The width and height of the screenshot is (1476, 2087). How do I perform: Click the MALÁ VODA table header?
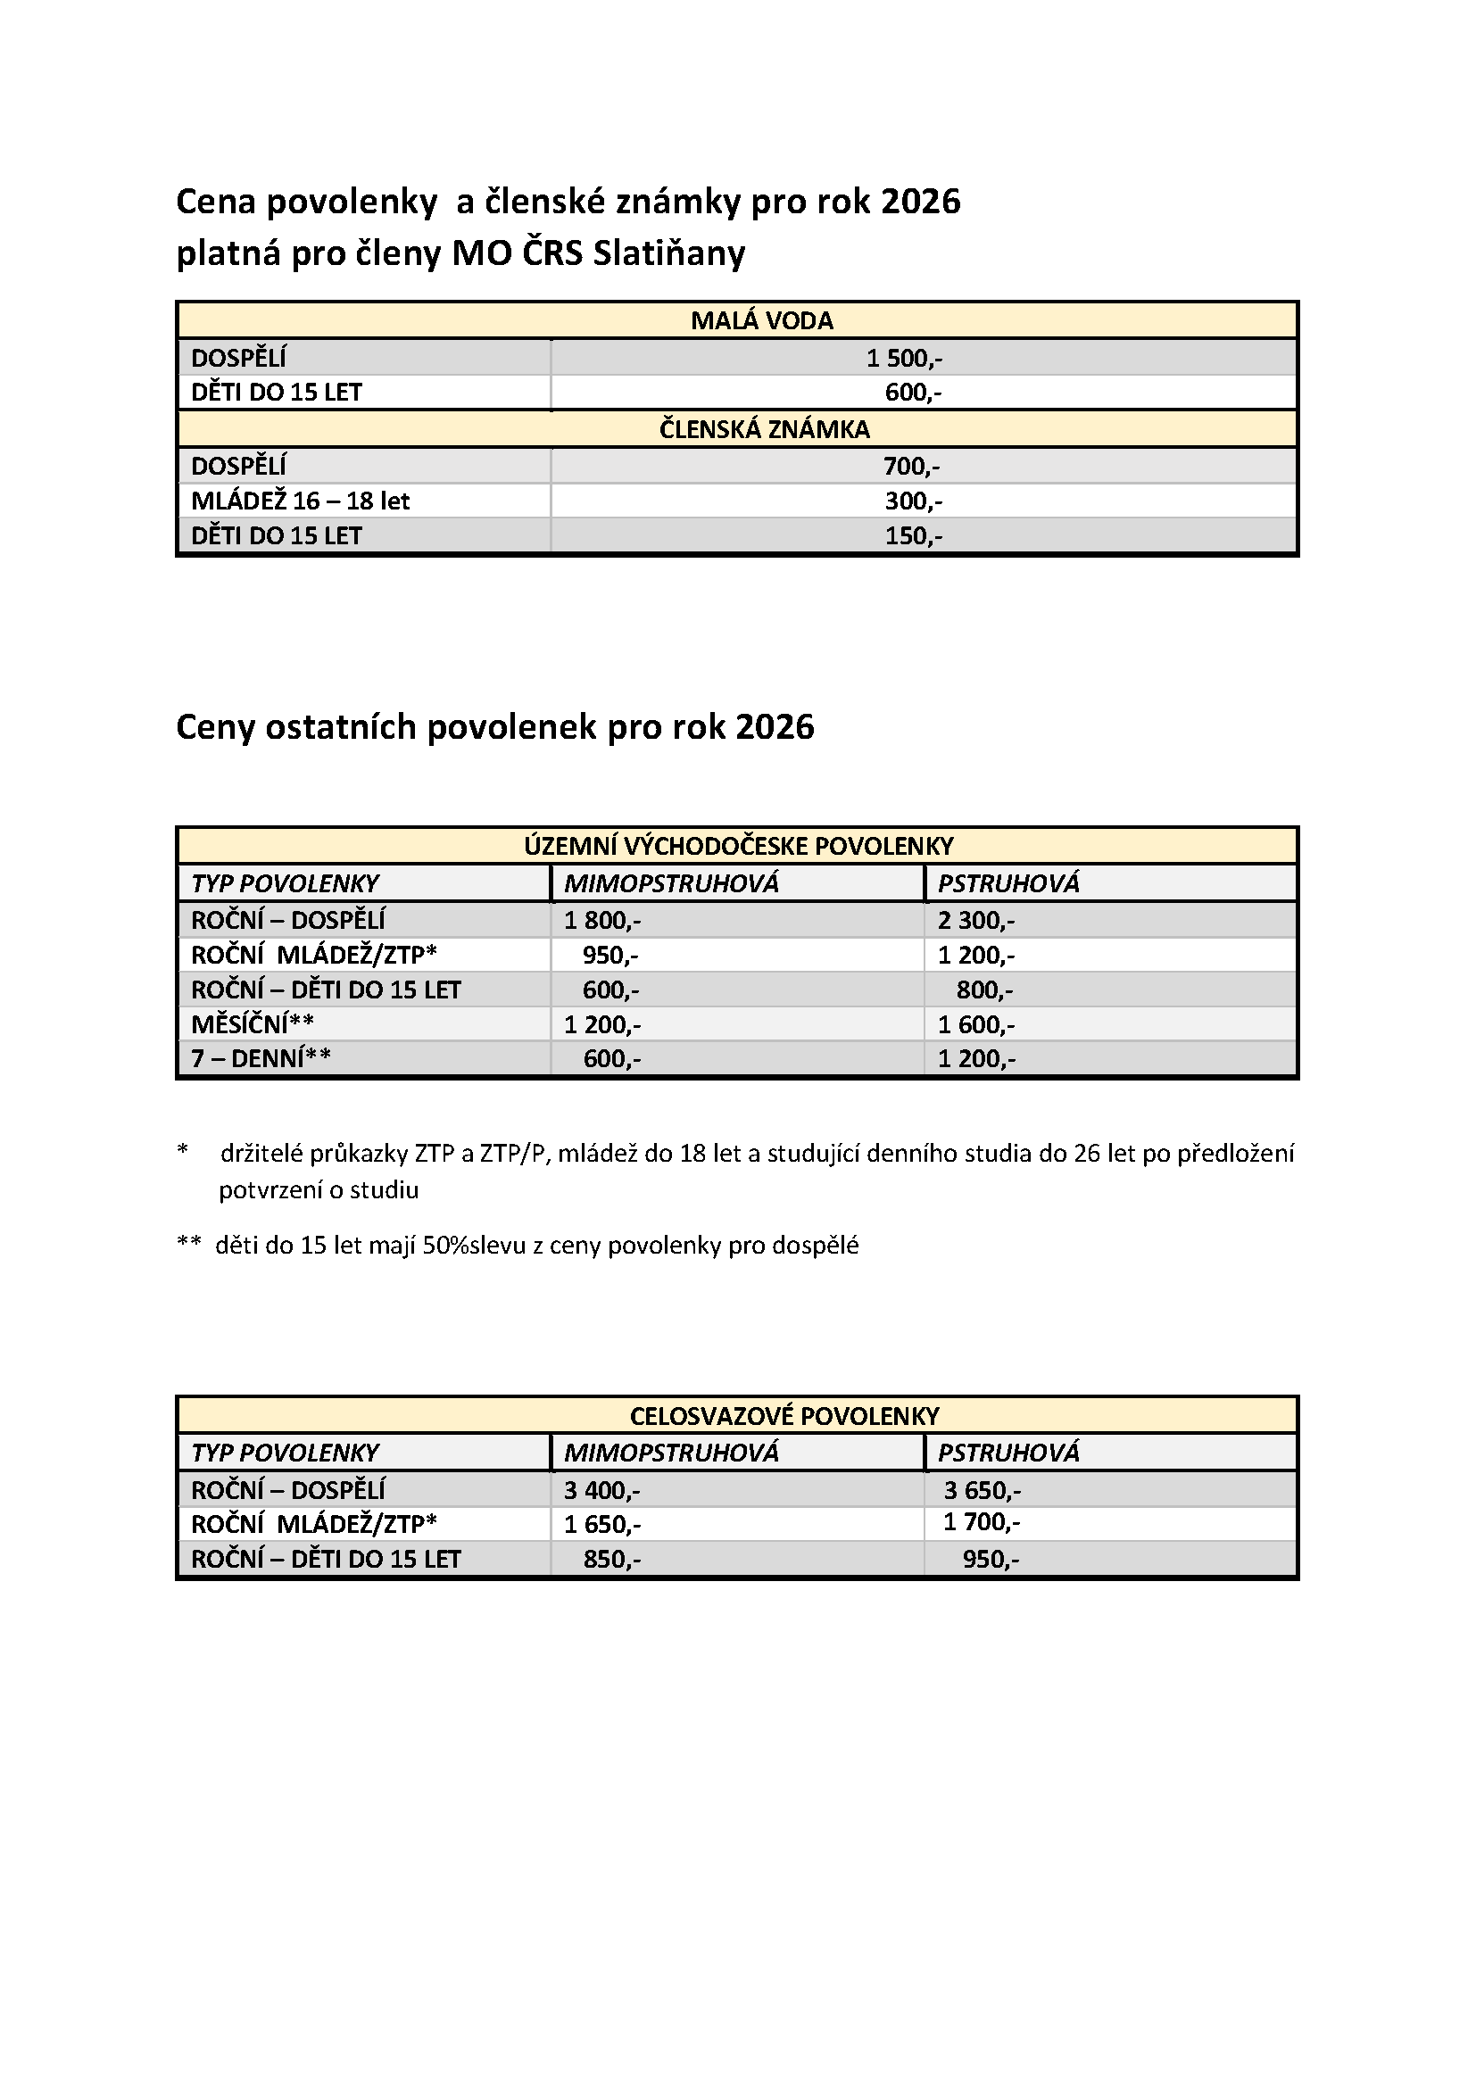761,321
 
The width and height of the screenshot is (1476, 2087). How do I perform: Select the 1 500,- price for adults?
903,358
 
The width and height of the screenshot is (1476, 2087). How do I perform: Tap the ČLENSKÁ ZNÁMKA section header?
765,429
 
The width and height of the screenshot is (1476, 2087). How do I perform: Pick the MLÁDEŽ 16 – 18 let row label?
300,501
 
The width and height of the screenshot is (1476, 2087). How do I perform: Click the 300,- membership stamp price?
913,501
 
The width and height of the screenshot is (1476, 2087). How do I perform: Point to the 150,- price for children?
914,535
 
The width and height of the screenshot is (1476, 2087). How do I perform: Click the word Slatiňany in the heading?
668,253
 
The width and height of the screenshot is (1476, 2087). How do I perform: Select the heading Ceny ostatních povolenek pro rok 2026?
494,727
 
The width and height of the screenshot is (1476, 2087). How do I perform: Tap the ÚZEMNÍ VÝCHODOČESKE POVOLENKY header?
738,846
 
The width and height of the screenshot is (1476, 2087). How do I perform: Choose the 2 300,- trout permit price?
976,921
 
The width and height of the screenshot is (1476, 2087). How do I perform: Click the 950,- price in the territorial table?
610,956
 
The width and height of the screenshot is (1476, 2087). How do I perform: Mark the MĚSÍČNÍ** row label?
253,1024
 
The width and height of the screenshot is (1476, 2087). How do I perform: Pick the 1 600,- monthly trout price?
976,1025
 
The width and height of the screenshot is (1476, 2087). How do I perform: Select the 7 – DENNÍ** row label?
261,1059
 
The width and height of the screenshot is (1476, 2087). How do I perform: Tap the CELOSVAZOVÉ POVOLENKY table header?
784,1416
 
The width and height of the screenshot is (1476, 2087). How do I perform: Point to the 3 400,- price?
601,1491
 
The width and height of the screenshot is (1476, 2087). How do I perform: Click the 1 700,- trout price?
982,1522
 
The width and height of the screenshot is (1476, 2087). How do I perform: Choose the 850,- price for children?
611,1560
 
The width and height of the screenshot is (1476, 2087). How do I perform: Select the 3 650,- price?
982,1491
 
